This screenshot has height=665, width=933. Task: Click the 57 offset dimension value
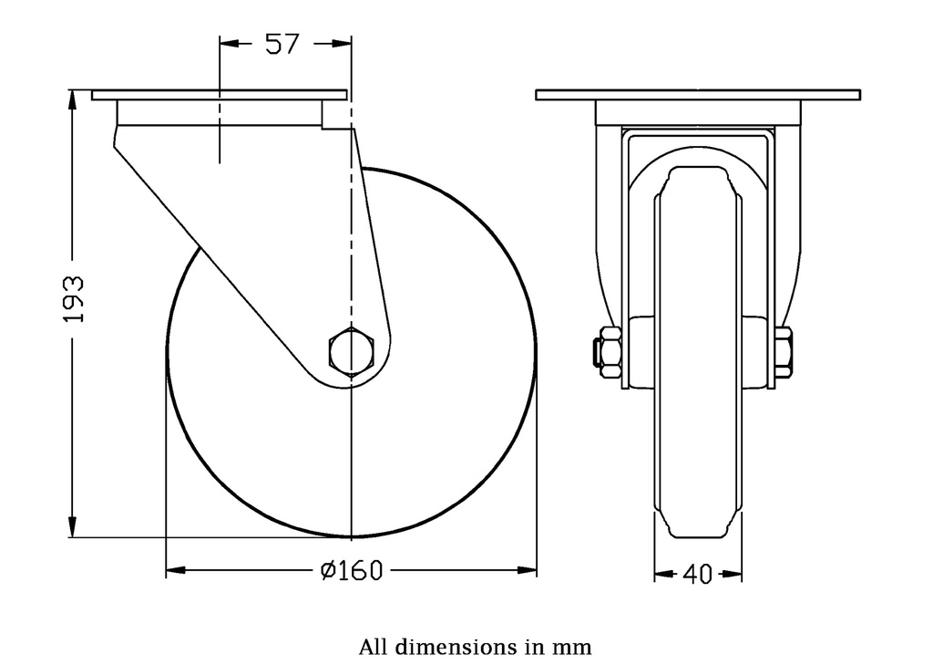coord(282,44)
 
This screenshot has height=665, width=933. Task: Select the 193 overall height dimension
coord(74,298)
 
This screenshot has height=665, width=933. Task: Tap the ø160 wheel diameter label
coord(352,571)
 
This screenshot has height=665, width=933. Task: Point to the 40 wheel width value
coord(697,574)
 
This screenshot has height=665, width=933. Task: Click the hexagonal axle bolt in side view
coord(351,350)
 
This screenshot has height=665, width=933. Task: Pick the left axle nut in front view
coord(606,351)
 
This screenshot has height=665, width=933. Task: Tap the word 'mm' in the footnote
coord(572,648)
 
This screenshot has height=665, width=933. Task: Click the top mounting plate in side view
coord(220,95)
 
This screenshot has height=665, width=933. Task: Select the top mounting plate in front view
coord(698,95)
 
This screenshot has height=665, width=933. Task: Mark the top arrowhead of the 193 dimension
coord(73,99)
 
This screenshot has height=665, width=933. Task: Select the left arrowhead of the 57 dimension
coord(229,43)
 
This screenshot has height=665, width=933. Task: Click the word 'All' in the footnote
coord(374,648)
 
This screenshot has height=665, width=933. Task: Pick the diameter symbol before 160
coord(329,571)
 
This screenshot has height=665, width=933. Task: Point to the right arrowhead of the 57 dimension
coord(342,43)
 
